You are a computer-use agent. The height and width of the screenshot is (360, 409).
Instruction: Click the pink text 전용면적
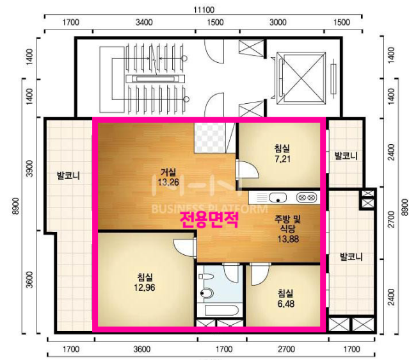209,220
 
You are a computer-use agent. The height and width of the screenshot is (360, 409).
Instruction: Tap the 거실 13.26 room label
168,177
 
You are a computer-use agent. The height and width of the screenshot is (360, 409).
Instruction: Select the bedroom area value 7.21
282,159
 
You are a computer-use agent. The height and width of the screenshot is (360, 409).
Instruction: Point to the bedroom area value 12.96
145,287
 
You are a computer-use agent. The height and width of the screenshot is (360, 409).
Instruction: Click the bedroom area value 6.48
286,304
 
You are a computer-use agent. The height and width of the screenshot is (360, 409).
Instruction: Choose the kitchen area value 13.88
288,239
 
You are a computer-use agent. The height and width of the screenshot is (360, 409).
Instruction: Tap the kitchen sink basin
278,197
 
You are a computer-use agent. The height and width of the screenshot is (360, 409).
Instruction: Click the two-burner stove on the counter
307,197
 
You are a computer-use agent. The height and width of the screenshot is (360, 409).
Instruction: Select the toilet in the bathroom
206,290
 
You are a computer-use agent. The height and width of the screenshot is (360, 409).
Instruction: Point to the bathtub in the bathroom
221,311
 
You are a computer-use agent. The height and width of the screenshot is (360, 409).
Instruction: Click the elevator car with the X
301,78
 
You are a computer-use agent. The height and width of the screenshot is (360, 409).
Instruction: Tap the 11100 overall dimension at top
204,10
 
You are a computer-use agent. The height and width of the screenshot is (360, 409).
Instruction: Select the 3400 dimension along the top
144,22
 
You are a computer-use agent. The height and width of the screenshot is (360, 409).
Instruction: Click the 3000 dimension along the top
278,22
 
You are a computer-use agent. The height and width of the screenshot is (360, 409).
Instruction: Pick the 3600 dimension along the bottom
142,349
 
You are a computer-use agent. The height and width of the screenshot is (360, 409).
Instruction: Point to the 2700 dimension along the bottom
286,349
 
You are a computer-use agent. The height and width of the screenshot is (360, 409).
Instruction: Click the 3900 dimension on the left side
30,168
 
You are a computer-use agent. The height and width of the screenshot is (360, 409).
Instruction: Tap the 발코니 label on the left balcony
68,176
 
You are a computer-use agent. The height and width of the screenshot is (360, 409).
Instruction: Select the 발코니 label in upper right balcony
346,156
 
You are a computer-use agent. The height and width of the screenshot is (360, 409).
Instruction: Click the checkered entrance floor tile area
210,138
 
